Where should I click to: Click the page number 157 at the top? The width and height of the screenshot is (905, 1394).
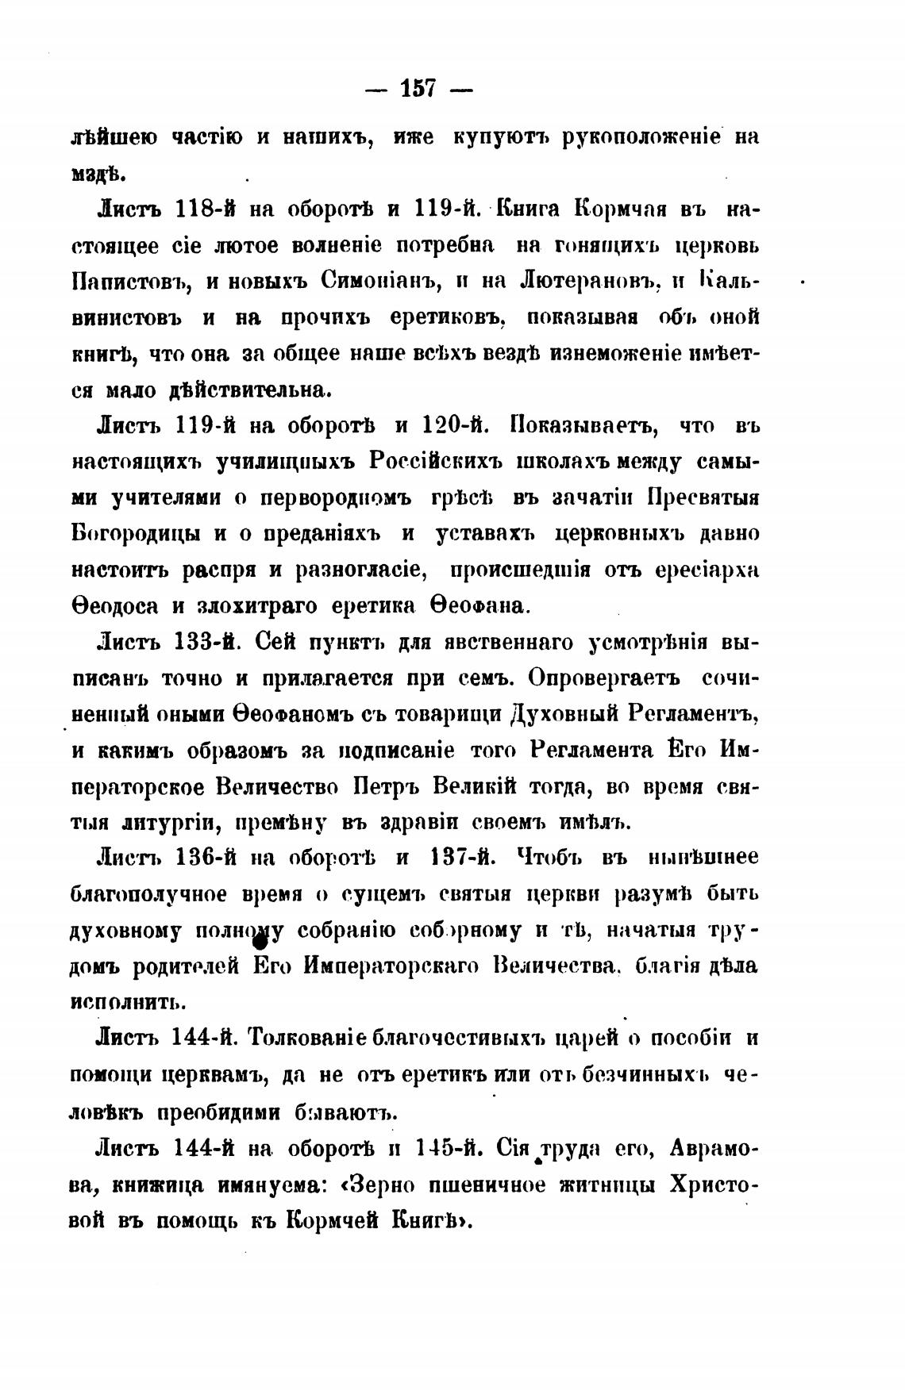click(418, 88)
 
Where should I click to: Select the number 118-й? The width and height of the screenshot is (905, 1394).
click(205, 209)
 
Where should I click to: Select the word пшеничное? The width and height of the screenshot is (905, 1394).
click(492, 1185)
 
